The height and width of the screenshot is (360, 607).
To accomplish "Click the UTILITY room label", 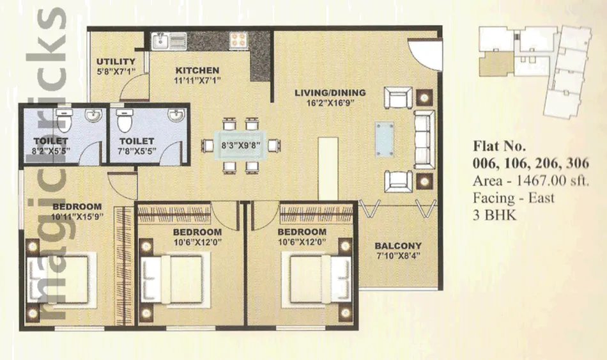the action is point(116,61).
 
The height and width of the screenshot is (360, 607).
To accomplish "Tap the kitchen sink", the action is point(169,41).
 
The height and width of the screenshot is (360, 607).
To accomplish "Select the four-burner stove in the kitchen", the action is point(238,40).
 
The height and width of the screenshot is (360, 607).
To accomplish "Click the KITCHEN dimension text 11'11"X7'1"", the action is point(197,81).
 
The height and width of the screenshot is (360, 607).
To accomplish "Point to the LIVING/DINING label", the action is point(330,93).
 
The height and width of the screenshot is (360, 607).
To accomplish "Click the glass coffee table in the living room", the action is point(385,140).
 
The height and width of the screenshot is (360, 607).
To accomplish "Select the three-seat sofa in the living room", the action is point(424,139).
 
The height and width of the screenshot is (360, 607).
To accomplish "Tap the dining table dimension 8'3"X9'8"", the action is point(240,146).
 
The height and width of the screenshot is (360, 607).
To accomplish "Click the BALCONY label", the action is point(398,246).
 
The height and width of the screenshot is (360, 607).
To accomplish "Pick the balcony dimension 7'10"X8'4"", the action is point(398,256).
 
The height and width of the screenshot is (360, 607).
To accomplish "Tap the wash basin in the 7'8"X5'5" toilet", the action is point(176,116).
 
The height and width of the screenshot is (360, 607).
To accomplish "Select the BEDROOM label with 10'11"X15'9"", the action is point(77,206).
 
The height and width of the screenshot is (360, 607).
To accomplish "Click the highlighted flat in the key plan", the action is point(496,64).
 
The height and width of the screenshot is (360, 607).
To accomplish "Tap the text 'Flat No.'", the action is point(500,146).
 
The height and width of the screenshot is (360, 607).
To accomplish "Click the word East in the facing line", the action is point(542,198).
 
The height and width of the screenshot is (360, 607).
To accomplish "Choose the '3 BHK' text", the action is point(495,215).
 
